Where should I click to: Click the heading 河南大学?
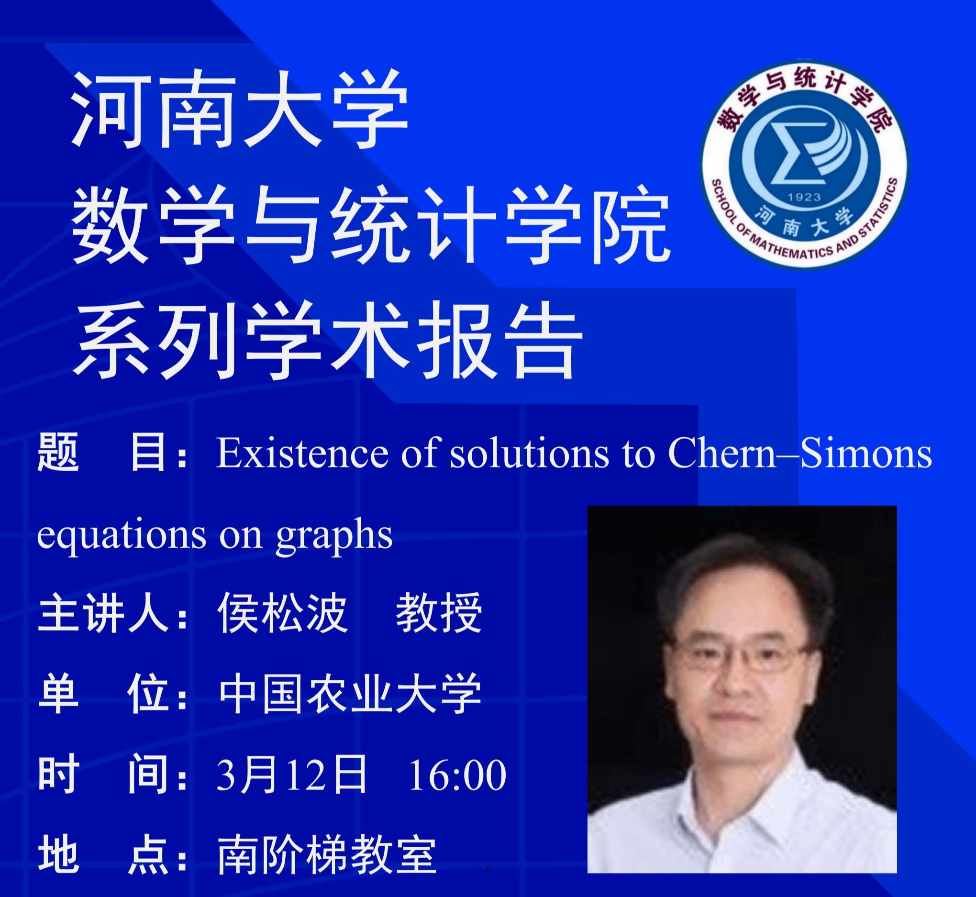[240, 110]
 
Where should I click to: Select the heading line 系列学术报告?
[328, 339]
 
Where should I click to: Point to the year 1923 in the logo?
[804, 197]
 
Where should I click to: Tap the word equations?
[122, 536]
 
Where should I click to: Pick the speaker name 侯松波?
[282, 613]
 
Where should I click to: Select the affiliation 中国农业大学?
[350, 694]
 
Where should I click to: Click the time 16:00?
[458, 775]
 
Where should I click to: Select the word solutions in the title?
[530, 453]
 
